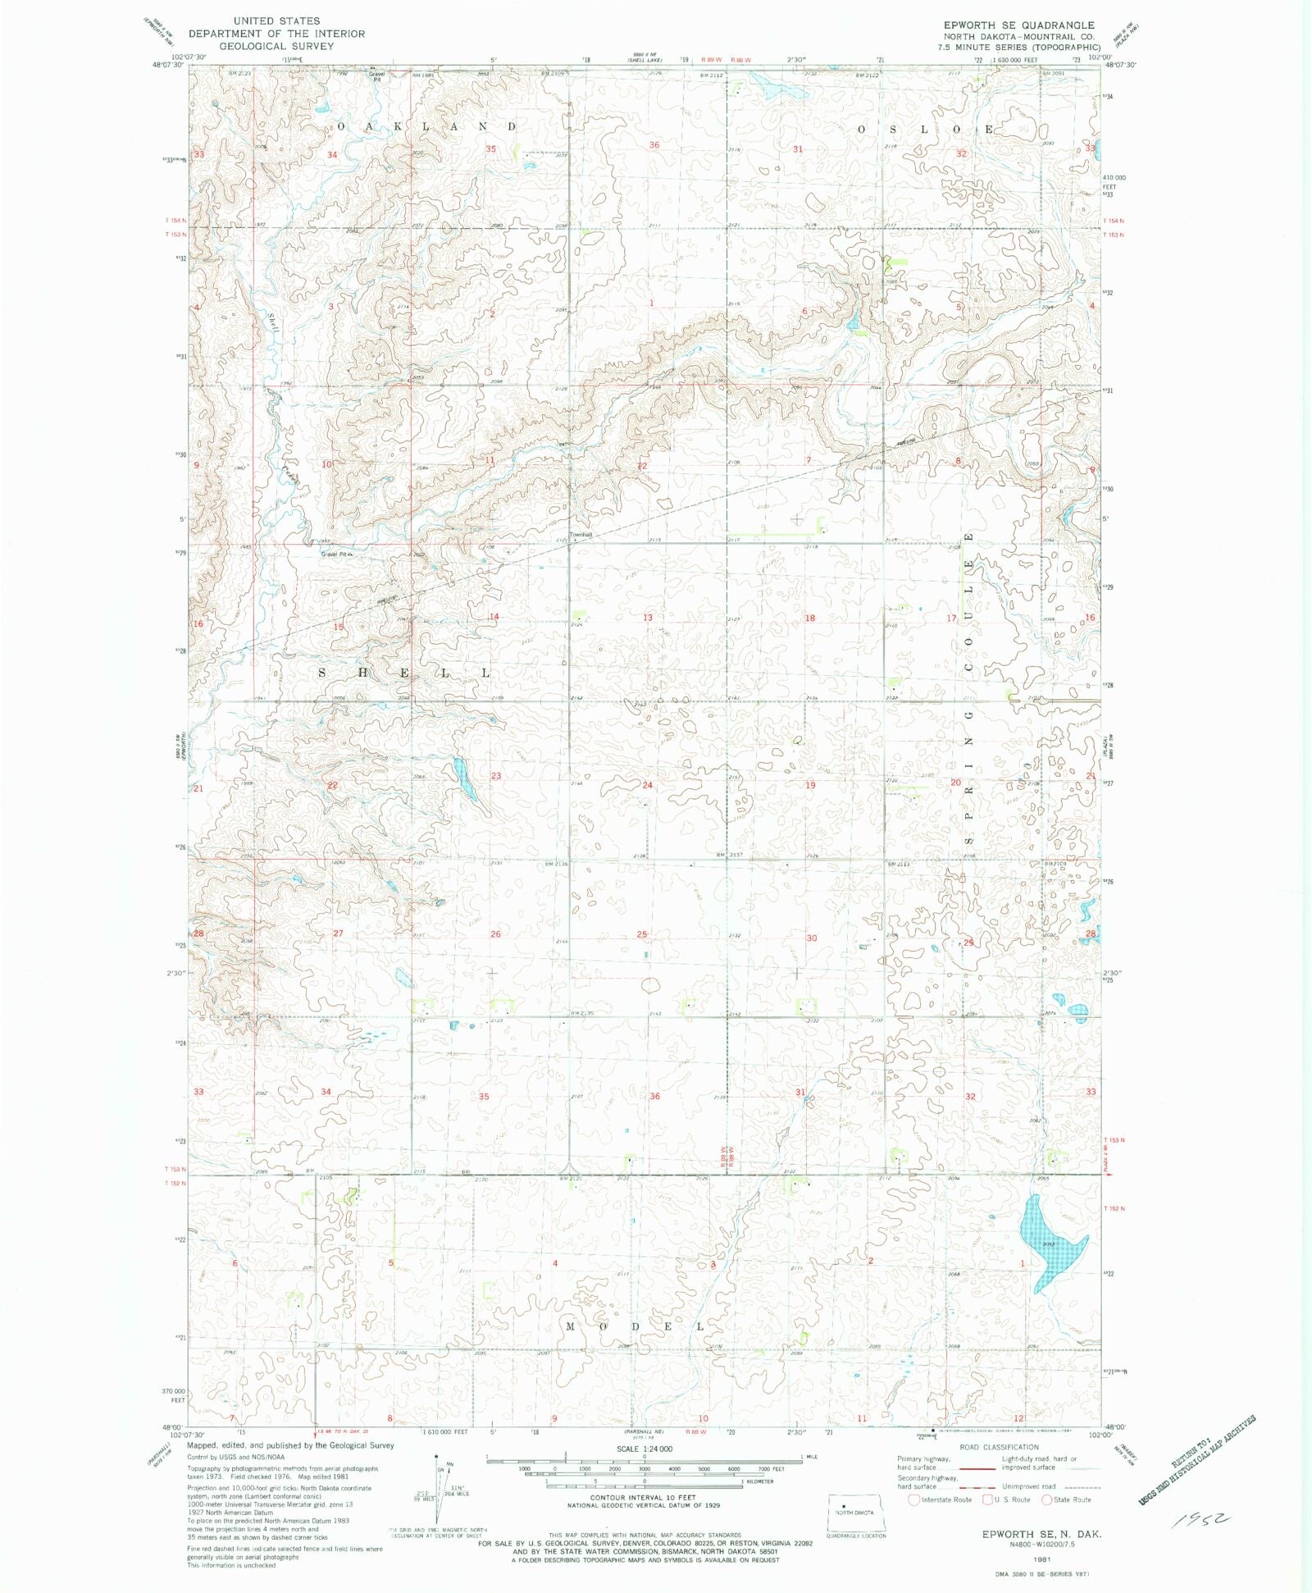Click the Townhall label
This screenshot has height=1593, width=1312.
pyautogui.click(x=581, y=535)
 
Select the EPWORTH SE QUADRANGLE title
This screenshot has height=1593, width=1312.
pyautogui.click(x=1018, y=25)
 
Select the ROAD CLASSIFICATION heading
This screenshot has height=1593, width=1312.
pyautogui.click(x=999, y=1447)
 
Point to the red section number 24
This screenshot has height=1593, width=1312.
pyautogui.click(x=647, y=785)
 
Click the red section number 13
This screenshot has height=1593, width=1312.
pyautogui.click(x=648, y=618)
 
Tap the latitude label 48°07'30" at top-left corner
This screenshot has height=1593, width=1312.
pyautogui.click(x=169, y=64)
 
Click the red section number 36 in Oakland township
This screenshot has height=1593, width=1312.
pyautogui.click(x=654, y=145)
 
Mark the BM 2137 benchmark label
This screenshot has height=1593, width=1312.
pyautogui.click(x=730, y=855)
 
